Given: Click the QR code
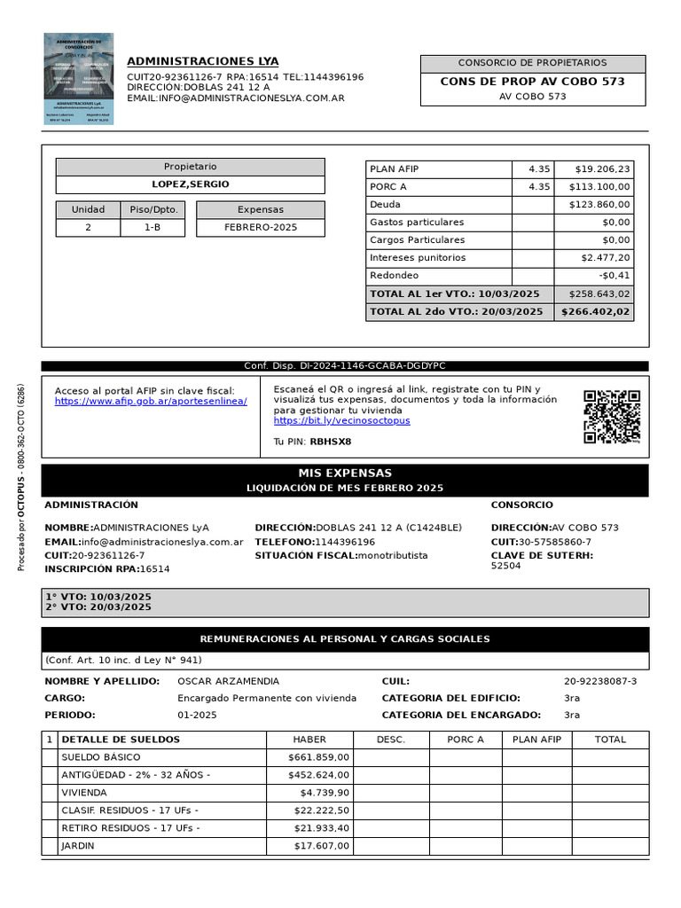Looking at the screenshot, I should (612, 416).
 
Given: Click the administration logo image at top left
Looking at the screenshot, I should (79, 79).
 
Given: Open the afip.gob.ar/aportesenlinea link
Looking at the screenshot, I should (151, 401).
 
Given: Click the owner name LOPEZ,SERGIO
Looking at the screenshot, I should (190, 184).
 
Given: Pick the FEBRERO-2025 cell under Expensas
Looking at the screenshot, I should (261, 227).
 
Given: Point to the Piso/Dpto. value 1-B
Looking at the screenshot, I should (153, 227).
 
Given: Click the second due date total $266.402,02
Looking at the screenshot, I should (594, 311).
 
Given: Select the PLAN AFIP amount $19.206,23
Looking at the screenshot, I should (602, 168).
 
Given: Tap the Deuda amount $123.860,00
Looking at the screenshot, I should (599, 204).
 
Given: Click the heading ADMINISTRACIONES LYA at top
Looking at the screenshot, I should (202, 61).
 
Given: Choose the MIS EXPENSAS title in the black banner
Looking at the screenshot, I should (345, 473).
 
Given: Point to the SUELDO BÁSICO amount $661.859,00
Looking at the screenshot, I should (319, 756).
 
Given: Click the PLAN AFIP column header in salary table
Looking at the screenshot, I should (538, 739).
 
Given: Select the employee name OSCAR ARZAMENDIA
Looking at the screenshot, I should (228, 681).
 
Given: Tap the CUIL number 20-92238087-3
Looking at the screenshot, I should (600, 681).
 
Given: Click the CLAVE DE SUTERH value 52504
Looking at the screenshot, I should (506, 566).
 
